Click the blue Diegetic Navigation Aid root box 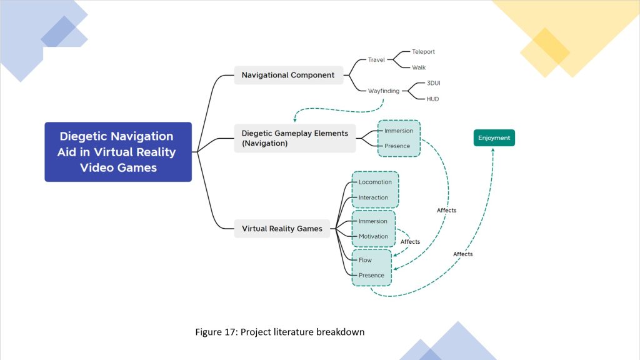click(x=117, y=152)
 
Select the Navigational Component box click(x=288, y=75)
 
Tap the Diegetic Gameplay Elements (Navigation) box click(x=294, y=138)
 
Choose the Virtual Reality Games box click(x=282, y=229)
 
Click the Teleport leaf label click(x=423, y=52)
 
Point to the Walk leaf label click(x=419, y=67)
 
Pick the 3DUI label click(x=434, y=83)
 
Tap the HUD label click(x=432, y=99)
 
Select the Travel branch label click(x=376, y=60)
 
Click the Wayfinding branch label click(x=384, y=91)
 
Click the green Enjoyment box click(x=494, y=137)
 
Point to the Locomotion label click(x=375, y=182)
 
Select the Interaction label click(x=374, y=197)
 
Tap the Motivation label click(x=374, y=236)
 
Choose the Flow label click(x=365, y=260)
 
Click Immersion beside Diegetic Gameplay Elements click(x=399, y=131)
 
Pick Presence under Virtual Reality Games click(x=371, y=275)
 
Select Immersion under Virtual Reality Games click(x=373, y=221)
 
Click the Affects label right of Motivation click(x=410, y=242)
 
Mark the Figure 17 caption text click(x=280, y=332)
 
